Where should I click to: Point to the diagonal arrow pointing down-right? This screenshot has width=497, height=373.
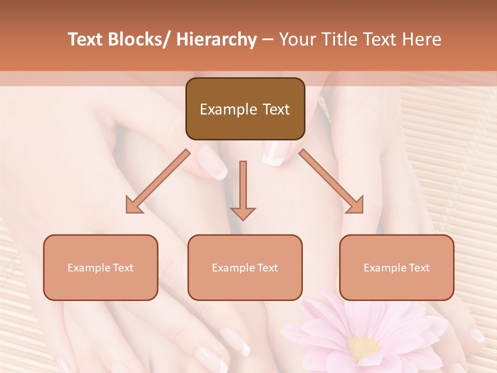pyautogui.click(x=331, y=181)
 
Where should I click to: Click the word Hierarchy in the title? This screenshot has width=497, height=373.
pyautogui.click(x=216, y=39)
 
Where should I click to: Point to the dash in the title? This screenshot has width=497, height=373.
pyautogui.click(x=268, y=39)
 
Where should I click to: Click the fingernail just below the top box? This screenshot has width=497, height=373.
pyautogui.click(x=273, y=153)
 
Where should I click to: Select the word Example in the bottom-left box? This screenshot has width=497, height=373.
pyautogui.click(x=87, y=268)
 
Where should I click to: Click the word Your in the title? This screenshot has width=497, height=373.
pyautogui.click(x=297, y=39)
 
